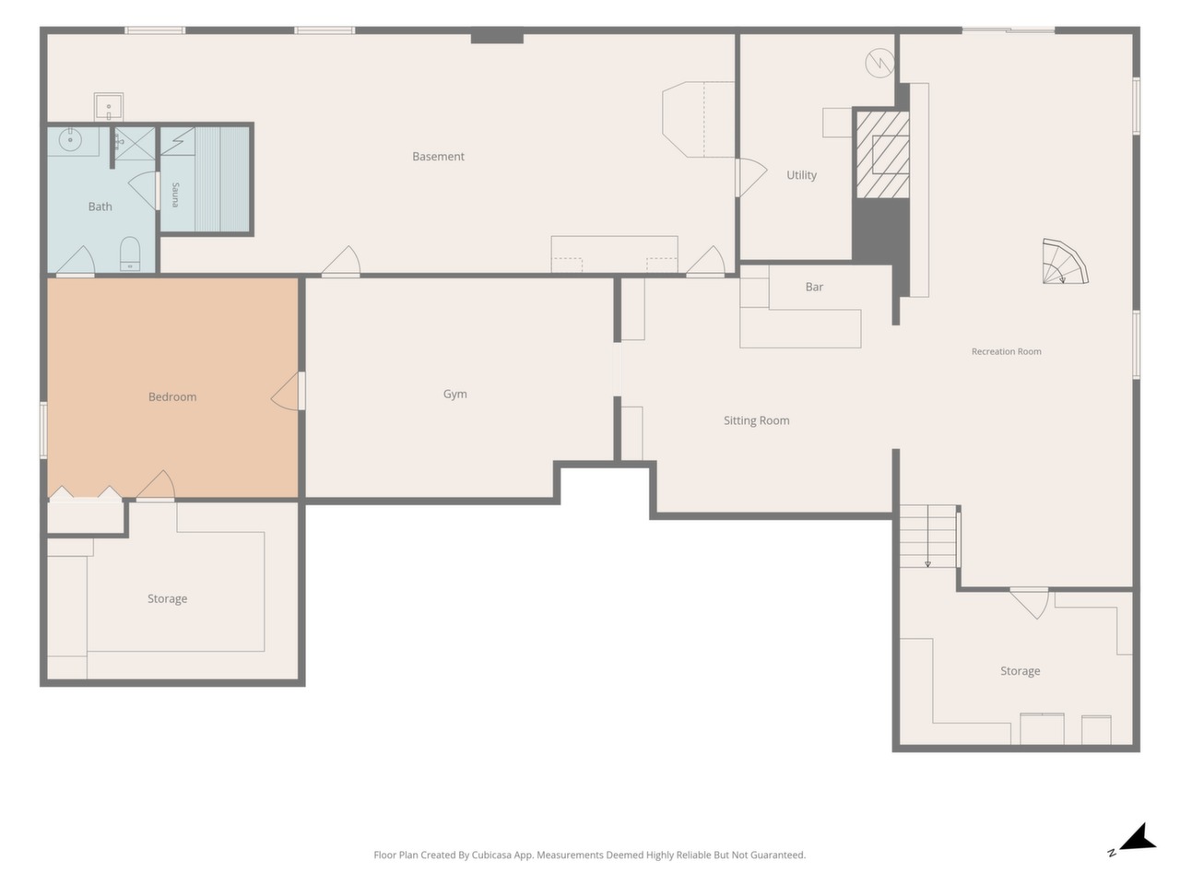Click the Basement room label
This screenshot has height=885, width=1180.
tap(438, 157)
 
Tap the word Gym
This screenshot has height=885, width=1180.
tap(454, 394)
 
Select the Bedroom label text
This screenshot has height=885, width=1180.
tap(172, 397)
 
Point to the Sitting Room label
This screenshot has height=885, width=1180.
tap(756, 420)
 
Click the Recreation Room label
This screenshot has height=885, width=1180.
tap(1007, 351)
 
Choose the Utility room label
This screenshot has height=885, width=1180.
tap(801, 175)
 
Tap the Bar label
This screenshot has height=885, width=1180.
tap(814, 287)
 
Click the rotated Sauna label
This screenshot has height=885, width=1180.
tap(175, 195)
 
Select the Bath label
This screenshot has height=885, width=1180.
tap(100, 206)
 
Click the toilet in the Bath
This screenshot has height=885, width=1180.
tap(130, 254)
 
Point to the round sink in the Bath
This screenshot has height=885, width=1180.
tap(70, 140)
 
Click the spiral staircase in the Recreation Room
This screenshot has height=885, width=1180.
tap(1065, 262)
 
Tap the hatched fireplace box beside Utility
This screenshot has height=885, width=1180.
tap(883, 154)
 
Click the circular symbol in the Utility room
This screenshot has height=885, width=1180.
tap(879, 63)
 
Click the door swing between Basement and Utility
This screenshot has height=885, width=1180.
tap(750, 177)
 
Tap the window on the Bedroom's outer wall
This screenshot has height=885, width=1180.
tap(43, 430)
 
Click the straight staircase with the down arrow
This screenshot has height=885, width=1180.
tap(928, 536)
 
